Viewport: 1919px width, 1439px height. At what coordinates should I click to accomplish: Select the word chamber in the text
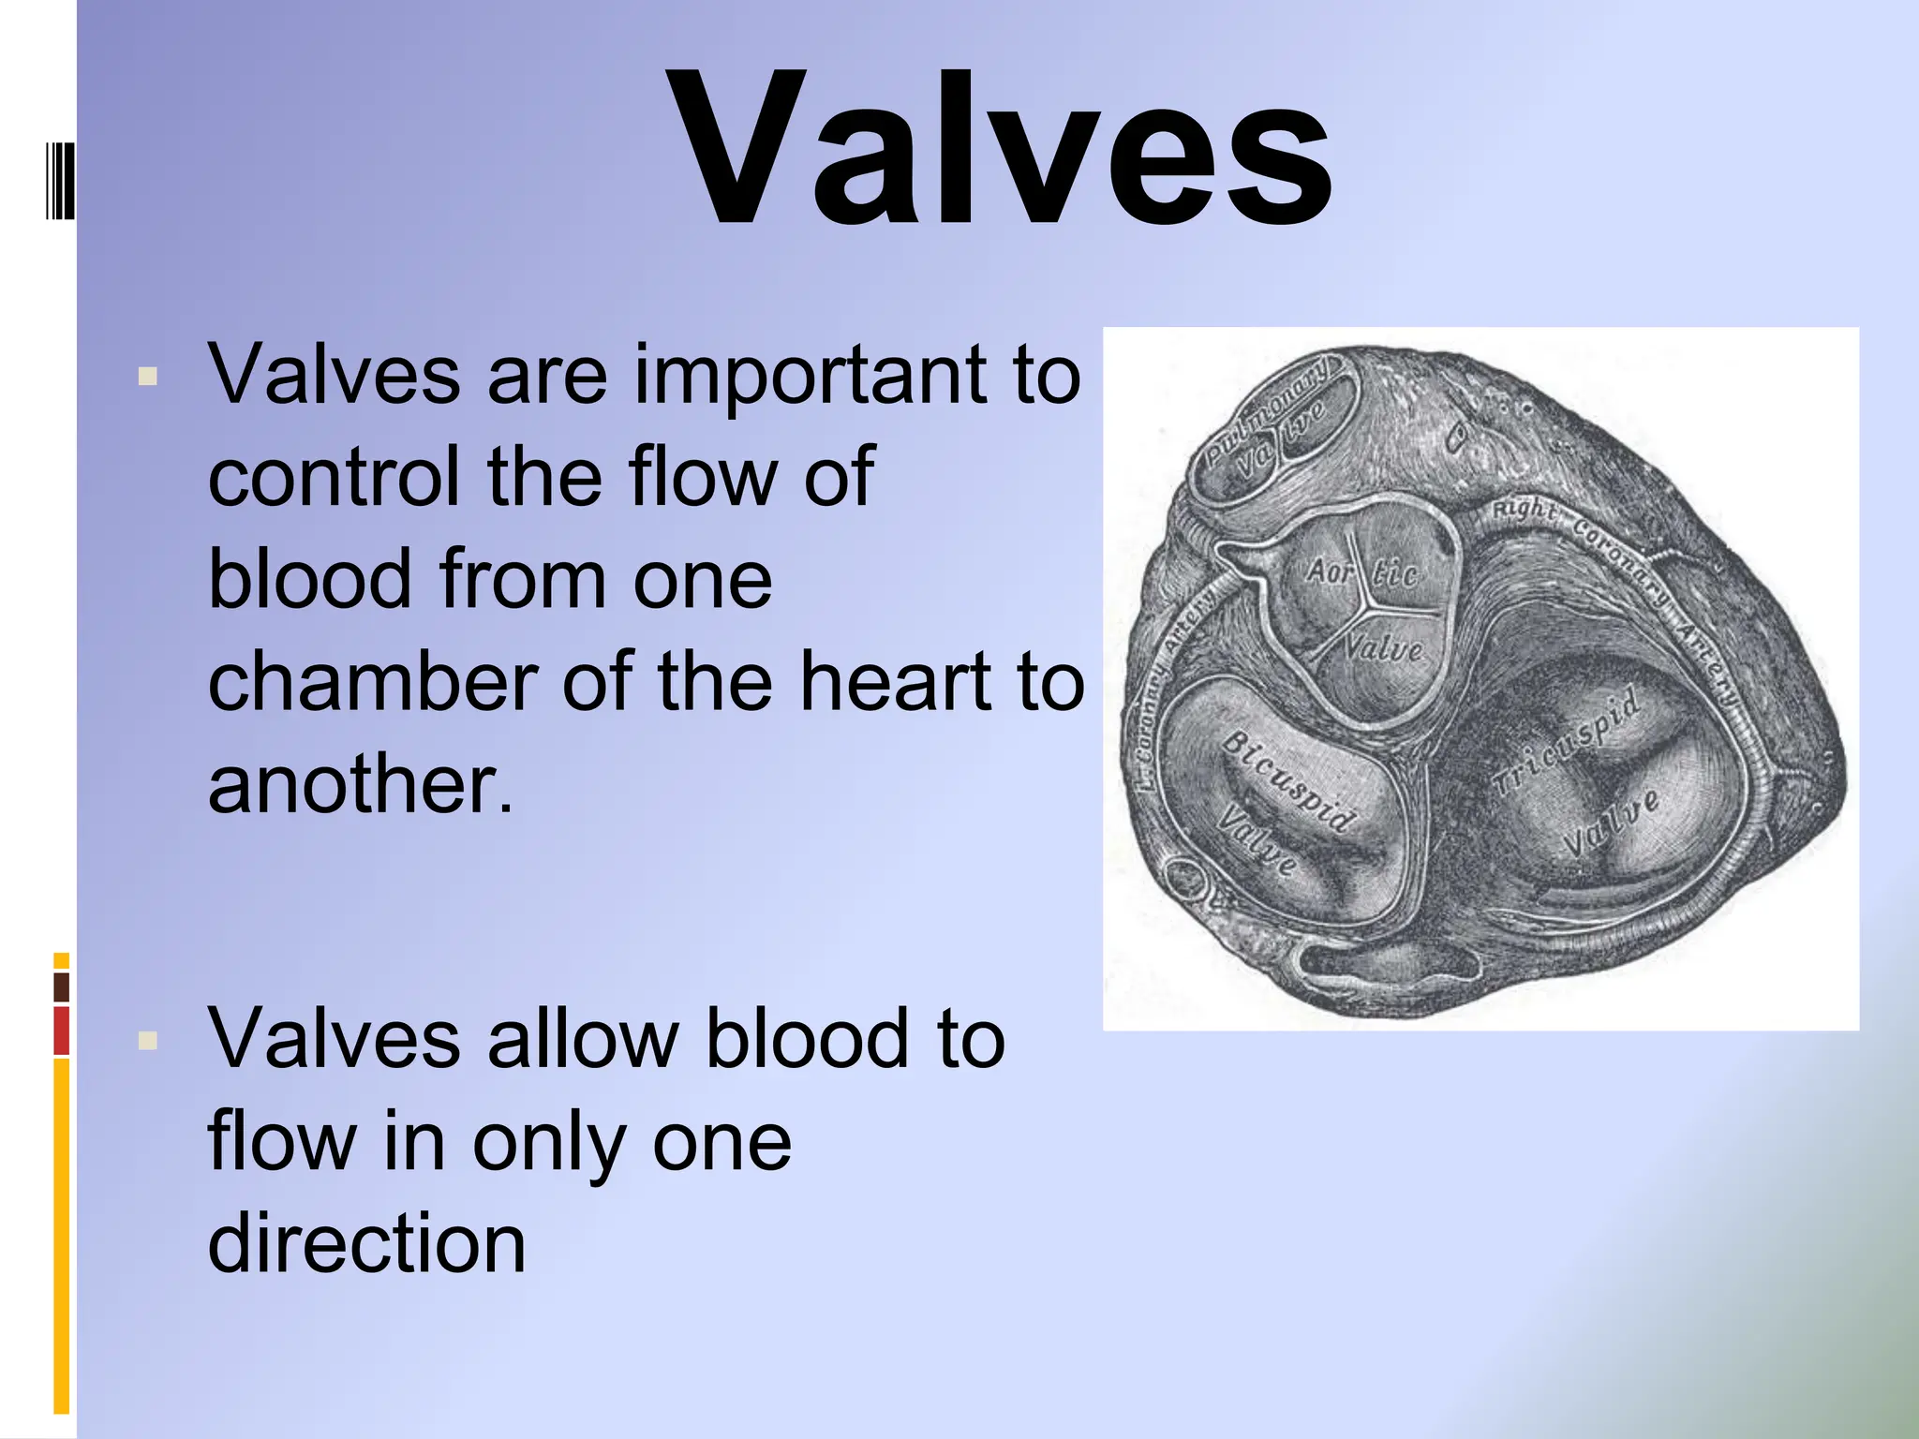click(373, 681)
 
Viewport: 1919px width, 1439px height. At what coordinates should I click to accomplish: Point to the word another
click(360, 784)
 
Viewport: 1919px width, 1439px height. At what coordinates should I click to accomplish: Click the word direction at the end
click(366, 1243)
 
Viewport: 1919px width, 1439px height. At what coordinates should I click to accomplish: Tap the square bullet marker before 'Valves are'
click(147, 377)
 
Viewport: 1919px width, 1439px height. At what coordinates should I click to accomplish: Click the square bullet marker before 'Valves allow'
click(147, 1040)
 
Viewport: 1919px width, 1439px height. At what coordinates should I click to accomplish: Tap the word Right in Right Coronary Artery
click(1523, 511)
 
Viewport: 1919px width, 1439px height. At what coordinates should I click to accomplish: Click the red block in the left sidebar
click(61, 1031)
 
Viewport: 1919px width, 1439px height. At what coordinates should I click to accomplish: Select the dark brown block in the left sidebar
click(61, 987)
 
